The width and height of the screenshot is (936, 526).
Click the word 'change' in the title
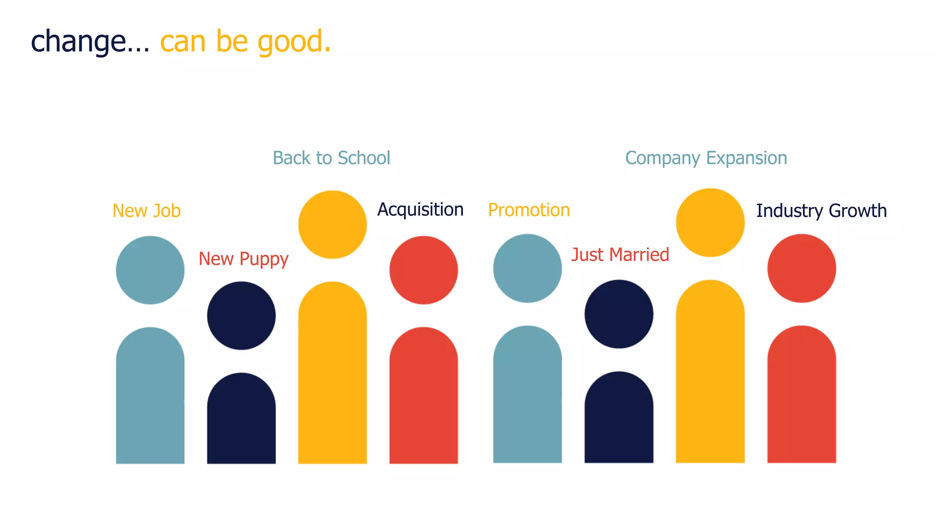(x=78, y=42)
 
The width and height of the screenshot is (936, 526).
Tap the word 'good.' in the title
(x=294, y=42)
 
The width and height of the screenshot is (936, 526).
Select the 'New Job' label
(x=147, y=211)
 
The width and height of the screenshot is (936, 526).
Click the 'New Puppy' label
(x=243, y=259)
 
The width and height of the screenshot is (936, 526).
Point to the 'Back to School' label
(x=331, y=158)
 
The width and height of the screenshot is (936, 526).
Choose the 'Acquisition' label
(x=420, y=210)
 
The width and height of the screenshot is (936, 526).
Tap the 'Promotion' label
(x=529, y=210)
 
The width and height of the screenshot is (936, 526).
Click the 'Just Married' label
(x=620, y=255)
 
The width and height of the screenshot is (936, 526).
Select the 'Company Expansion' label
(x=706, y=158)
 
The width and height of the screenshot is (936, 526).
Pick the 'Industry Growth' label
(x=821, y=211)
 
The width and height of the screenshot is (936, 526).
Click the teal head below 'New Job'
(x=150, y=270)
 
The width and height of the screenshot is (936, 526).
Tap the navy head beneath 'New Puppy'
(x=241, y=316)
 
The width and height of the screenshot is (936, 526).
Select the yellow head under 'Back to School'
(x=332, y=225)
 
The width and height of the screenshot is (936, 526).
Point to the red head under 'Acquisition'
(x=424, y=270)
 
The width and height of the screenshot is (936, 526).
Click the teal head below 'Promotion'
(x=527, y=268)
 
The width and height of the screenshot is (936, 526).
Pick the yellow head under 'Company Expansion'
(x=710, y=223)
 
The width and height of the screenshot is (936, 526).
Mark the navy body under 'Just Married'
(x=619, y=420)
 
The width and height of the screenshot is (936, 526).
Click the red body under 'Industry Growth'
(x=802, y=397)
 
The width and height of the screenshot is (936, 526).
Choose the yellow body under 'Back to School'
(x=332, y=374)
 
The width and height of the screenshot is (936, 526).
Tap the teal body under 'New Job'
(x=150, y=397)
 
